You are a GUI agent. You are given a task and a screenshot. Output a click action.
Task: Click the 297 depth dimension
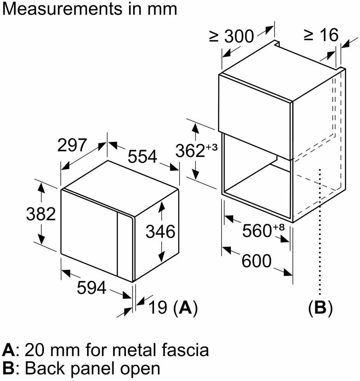72,145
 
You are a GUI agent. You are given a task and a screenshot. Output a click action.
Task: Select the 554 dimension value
142,156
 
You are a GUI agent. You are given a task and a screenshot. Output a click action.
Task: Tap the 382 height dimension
41,214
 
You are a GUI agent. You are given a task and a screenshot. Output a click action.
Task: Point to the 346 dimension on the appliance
160,231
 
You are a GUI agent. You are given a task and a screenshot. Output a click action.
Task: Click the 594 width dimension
92,287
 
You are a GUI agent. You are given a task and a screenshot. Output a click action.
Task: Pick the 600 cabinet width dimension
256,261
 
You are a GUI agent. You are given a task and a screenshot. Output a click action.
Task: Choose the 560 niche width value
257,231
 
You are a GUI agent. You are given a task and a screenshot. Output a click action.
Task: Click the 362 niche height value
190,151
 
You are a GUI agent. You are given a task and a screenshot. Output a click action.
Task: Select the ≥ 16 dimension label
321,35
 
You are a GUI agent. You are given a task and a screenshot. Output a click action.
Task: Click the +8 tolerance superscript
278,227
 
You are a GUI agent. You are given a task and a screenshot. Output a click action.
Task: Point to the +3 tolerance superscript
212,147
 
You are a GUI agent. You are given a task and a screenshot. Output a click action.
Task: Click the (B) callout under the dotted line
320,308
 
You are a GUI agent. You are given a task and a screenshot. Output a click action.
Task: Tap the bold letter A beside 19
185,308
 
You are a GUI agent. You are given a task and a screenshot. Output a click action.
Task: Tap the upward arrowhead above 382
42,188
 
